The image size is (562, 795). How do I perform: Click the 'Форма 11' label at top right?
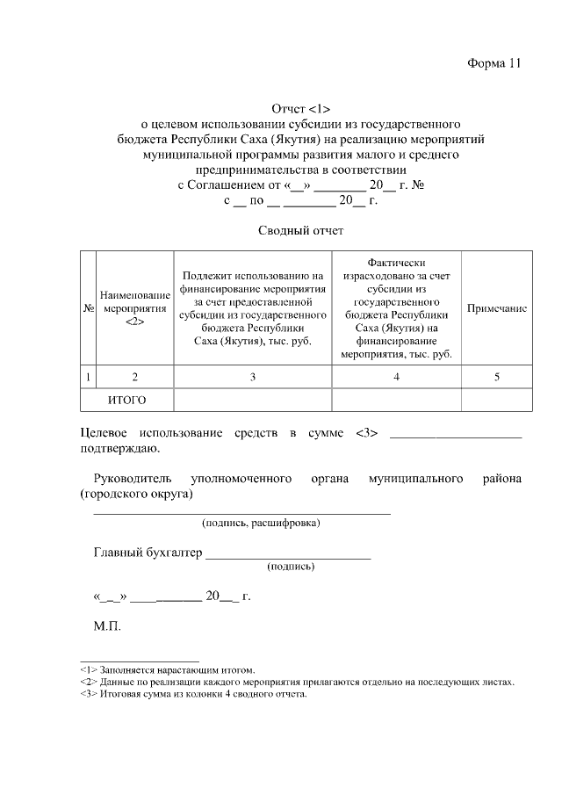(494, 63)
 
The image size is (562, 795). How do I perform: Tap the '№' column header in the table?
(88, 310)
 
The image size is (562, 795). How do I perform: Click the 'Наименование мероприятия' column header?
(134, 309)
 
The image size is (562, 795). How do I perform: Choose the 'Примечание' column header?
(496, 310)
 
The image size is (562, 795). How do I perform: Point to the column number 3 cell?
(252, 377)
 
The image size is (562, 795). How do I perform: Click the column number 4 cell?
(397, 377)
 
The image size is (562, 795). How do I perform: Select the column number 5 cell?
(496, 377)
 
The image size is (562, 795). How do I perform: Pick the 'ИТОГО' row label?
(126, 400)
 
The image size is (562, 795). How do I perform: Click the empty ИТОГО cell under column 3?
(252, 400)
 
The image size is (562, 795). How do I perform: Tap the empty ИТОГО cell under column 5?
(496, 400)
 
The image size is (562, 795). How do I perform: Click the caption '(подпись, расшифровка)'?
(261, 524)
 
